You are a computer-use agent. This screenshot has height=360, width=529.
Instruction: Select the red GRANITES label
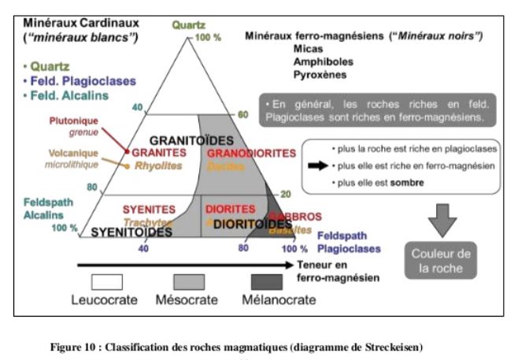tap(154, 152)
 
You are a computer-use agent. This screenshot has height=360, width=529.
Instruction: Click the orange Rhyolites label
tap(157, 165)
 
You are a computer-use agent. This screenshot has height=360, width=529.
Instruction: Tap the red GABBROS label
tap(292, 216)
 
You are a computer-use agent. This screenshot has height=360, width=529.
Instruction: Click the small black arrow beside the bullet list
tap(317, 165)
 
